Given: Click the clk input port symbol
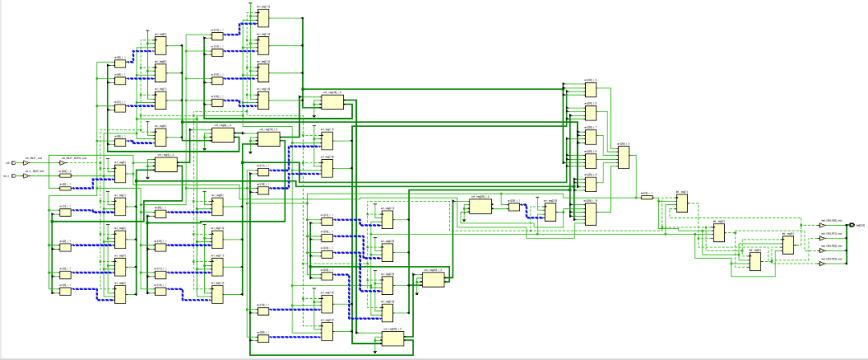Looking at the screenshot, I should [x=13, y=163].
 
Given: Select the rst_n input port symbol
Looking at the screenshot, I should [x=13, y=175].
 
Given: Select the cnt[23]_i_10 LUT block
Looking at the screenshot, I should [x=591, y=213].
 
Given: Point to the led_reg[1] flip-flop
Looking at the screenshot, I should [x=719, y=232].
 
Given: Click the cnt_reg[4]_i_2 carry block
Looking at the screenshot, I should [x=166, y=165].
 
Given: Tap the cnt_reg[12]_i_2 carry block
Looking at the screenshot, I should [x=268, y=140].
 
